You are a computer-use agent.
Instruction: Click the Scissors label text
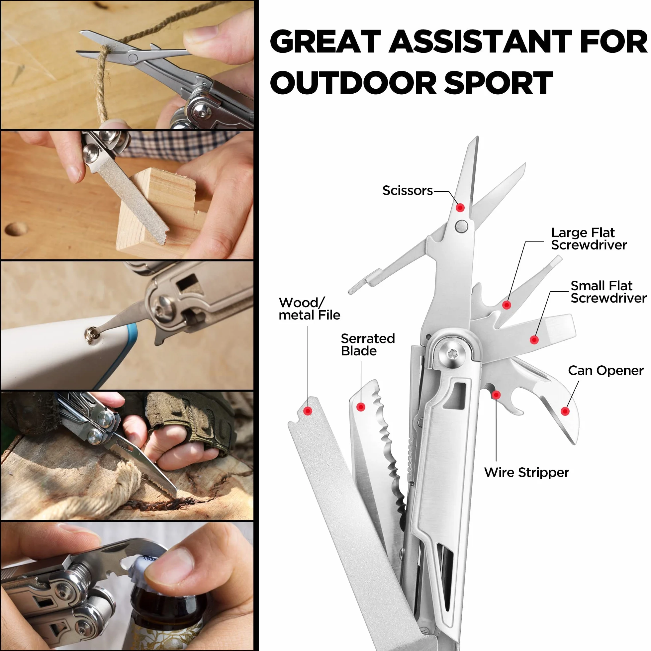click(407, 191)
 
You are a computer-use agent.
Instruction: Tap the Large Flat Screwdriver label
click(589, 238)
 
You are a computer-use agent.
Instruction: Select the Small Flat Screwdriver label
click(608, 292)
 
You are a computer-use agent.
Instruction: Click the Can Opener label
click(605, 371)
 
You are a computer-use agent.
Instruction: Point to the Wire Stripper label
click(526, 472)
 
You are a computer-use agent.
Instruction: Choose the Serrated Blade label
click(368, 344)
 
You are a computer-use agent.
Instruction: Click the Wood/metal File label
click(309, 309)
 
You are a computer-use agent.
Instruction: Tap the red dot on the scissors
click(460, 208)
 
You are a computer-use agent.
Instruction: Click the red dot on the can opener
click(565, 411)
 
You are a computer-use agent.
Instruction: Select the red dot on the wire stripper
click(496, 395)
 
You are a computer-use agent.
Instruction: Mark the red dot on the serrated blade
click(361, 408)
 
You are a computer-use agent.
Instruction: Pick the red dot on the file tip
click(308, 411)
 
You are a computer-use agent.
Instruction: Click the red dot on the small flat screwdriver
click(534, 340)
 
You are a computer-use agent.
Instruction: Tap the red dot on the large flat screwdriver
click(507, 305)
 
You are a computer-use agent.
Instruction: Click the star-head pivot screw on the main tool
click(452, 354)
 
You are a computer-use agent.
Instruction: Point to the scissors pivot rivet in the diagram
click(461, 226)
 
